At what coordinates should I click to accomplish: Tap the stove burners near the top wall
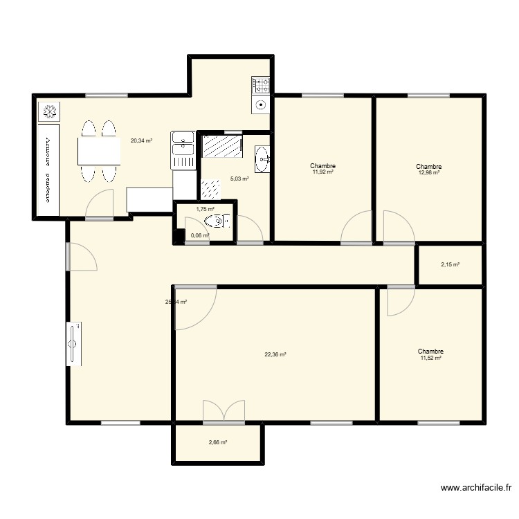[x=261, y=86]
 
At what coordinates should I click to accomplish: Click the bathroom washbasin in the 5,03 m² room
[x=262, y=158]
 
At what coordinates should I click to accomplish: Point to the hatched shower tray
[x=221, y=147]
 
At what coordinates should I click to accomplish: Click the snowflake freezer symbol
[x=50, y=111]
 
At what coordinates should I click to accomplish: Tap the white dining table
[x=99, y=152]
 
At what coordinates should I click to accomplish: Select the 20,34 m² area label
[x=141, y=140]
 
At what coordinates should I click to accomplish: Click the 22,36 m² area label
[x=275, y=354]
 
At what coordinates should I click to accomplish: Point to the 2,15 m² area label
[x=450, y=264]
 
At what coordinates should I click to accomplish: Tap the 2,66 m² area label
[x=219, y=443]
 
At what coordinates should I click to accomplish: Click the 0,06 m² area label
[x=200, y=235]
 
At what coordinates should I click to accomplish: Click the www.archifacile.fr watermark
[x=477, y=489]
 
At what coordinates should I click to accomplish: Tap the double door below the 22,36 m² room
[x=224, y=412]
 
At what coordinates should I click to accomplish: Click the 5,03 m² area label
[x=239, y=179]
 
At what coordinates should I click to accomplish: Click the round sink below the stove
[x=260, y=106]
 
